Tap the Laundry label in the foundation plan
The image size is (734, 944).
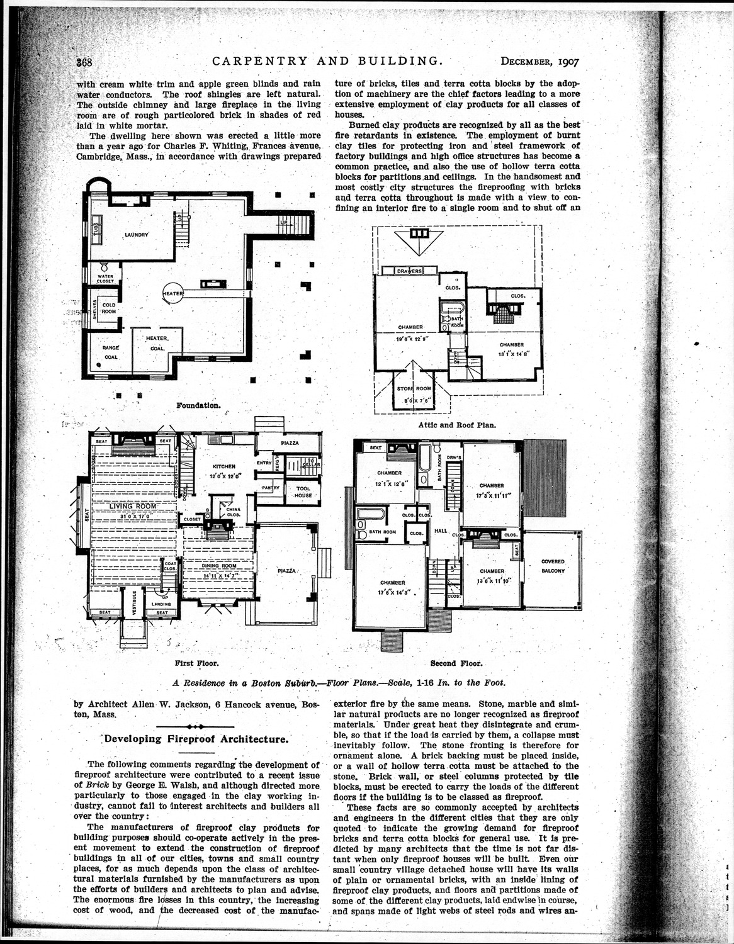click(x=137, y=235)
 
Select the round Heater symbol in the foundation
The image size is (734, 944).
click(x=173, y=294)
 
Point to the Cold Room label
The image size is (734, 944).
click(x=108, y=308)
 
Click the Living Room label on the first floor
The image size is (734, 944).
click(x=132, y=505)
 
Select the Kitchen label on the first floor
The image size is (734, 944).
click(x=224, y=466)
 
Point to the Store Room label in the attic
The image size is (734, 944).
click(x=414, y=389)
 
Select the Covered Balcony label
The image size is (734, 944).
click(x=553, y=566)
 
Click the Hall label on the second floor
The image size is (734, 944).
click(x=440, y=531)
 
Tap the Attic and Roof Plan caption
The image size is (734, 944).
click(x=456, y=425)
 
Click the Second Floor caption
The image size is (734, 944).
click(x=456, y=663)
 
